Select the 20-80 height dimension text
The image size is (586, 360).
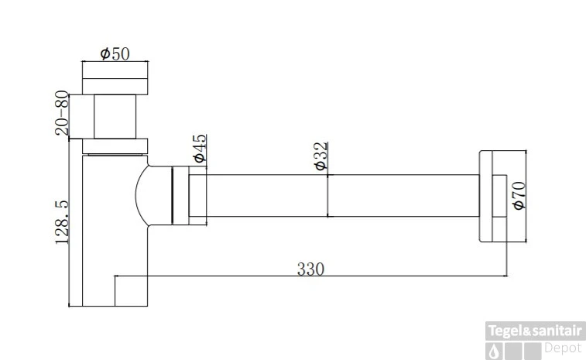[x=63, y=113]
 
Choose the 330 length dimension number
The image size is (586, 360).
[x=310, y=269]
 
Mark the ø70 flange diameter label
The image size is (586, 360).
[x=518, y=196]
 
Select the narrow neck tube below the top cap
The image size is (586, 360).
[x=115, y=115]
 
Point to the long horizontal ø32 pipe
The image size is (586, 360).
[x=341, y=197]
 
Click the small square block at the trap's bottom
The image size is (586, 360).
[x=131, y=290]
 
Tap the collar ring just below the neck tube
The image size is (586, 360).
[x=115, y=145]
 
